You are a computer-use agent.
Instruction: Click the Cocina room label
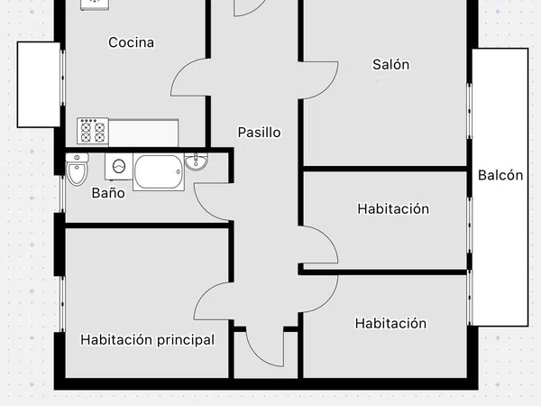click(x=131, y=42)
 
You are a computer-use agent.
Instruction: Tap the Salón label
click(x=391, y=64)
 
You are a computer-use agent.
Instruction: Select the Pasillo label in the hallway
click(x=259, y=133)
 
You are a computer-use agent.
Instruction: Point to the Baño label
click(x=108, y=193)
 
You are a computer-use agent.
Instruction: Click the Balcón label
click(x=500, y=175)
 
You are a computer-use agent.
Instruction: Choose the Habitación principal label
click(x=147, y=340)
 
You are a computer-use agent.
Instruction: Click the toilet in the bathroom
click(x=77, y=169)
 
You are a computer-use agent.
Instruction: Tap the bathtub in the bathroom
click(x=159, y=172)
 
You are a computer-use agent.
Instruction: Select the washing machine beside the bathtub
click(x=119, y=166)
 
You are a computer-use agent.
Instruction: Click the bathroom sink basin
click(x=196, y=161)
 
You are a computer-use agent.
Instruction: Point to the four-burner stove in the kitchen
click(x=93, y=131)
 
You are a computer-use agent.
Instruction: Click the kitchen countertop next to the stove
click(x=143, y=133)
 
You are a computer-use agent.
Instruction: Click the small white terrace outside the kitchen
click(x=39, y=85)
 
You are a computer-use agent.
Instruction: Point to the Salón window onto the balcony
click(x=469, y=111)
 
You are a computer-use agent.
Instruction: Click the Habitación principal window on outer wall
click(x=62, y=304)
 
